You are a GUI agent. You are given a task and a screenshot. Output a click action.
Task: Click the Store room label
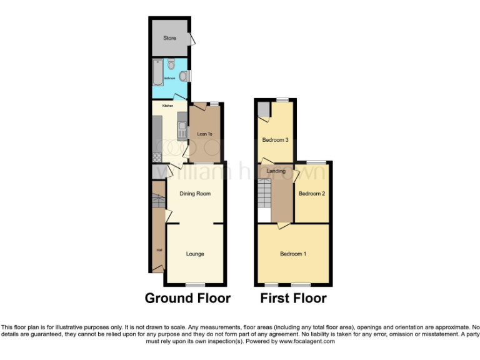click(x=169, y=38)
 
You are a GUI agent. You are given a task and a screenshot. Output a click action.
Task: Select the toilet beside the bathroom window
click(x=182, y=76)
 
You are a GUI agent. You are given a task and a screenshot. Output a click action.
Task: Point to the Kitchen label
click(x=167, y=106)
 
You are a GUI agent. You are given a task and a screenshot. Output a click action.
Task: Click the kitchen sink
click(x=182, y=130)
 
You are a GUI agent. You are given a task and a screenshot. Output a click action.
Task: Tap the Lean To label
click(x=205, y=134)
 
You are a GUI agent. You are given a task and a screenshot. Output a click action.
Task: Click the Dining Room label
click(x=195, y=194)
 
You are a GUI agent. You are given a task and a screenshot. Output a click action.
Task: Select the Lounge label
click(x=195, y=254)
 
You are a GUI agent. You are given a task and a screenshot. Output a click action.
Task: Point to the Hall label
click(x=159, y=251)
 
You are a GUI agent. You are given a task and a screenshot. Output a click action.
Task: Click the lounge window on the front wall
click(x=195, y=285)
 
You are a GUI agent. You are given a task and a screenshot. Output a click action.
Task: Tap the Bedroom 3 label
click(x=276, y=140)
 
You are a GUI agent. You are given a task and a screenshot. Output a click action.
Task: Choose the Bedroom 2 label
click(x=312, y=194)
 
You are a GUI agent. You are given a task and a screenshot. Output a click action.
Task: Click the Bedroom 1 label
click(x=293, y=254)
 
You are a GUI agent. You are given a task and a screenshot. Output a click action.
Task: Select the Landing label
click(x=276, y=171)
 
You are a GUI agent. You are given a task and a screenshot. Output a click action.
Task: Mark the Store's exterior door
click(x=193, y=39)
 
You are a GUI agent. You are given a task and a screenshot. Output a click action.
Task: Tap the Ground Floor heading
click(x=187, y=299)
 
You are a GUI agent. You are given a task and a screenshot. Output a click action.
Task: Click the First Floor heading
click(x=293, y=299)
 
